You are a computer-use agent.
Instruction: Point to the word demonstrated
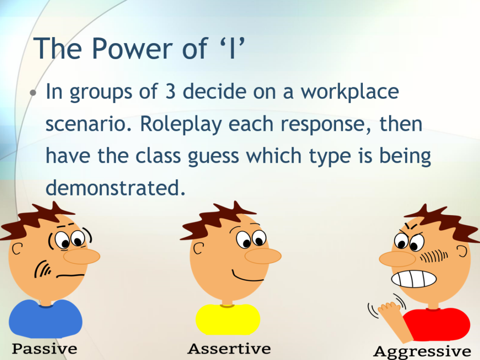(112, 188)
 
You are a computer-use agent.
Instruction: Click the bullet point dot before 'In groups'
(33, 92)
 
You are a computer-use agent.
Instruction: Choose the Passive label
(45, 349)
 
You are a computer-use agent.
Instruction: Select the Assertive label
(229, 349)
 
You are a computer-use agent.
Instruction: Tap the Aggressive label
(422, 351)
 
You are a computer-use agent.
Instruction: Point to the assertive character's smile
(248, 277)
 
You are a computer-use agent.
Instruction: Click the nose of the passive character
(82, 256)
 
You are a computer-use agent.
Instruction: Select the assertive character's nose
(263, 255)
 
